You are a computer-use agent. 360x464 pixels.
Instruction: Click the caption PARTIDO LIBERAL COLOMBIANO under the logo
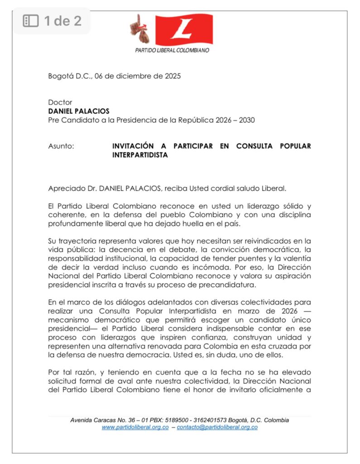point(172,50)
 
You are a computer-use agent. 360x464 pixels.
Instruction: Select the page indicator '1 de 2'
point(62,20)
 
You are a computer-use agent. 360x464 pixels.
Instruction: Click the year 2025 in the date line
point(172,76)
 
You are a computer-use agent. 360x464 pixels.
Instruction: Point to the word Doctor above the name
point(60,102)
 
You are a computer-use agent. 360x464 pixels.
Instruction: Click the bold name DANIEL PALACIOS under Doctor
point(79,111)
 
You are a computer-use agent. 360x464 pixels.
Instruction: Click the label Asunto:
point(61,146)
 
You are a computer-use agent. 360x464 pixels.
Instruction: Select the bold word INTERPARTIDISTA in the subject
point(140,155)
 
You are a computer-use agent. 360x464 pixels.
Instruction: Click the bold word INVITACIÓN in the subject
point(134,146)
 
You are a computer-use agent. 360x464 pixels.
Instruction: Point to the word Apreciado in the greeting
point(64,188)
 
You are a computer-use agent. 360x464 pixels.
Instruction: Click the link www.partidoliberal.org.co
point(135,427)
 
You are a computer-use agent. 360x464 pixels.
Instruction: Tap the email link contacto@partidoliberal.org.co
point(217,427)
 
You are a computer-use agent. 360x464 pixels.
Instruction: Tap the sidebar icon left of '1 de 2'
point(31,20)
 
